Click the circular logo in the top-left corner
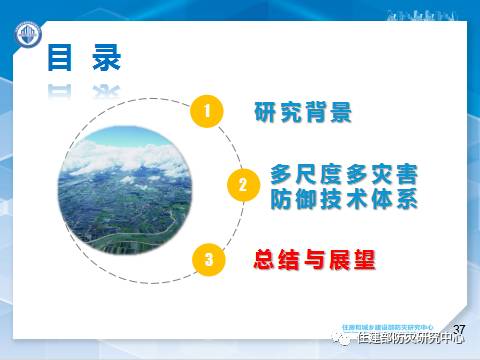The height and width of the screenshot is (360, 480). pyautogui.click(x=25, y=41)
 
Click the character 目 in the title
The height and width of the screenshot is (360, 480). pyautogui.click(x=61, y=59)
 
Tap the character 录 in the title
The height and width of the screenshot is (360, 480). pyautogui.click(x=103, y=59)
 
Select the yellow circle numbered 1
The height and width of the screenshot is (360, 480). pyautogui.click(x=206, y=111)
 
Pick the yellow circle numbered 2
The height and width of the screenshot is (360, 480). pyautogui.click(x=241, y=185)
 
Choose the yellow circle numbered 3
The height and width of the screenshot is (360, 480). pyautogui.click(x=207, y=259)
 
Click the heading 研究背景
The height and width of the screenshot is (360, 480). pyautogui.click(x=304, y=111)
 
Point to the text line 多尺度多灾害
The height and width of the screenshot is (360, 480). pyautogui.click(x=343, y=174)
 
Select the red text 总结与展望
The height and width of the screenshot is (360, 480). pyautogui.click(x=314, y=260)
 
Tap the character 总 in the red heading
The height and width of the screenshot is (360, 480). pyautogui.click(x=264, y=260)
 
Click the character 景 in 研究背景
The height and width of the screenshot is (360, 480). pyautogui.click(x=342, y=111)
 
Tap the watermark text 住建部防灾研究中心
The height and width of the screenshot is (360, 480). pyautogui.click(x=410, y=341)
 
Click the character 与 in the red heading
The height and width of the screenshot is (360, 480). pyautogui.click(x=314, y=260)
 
